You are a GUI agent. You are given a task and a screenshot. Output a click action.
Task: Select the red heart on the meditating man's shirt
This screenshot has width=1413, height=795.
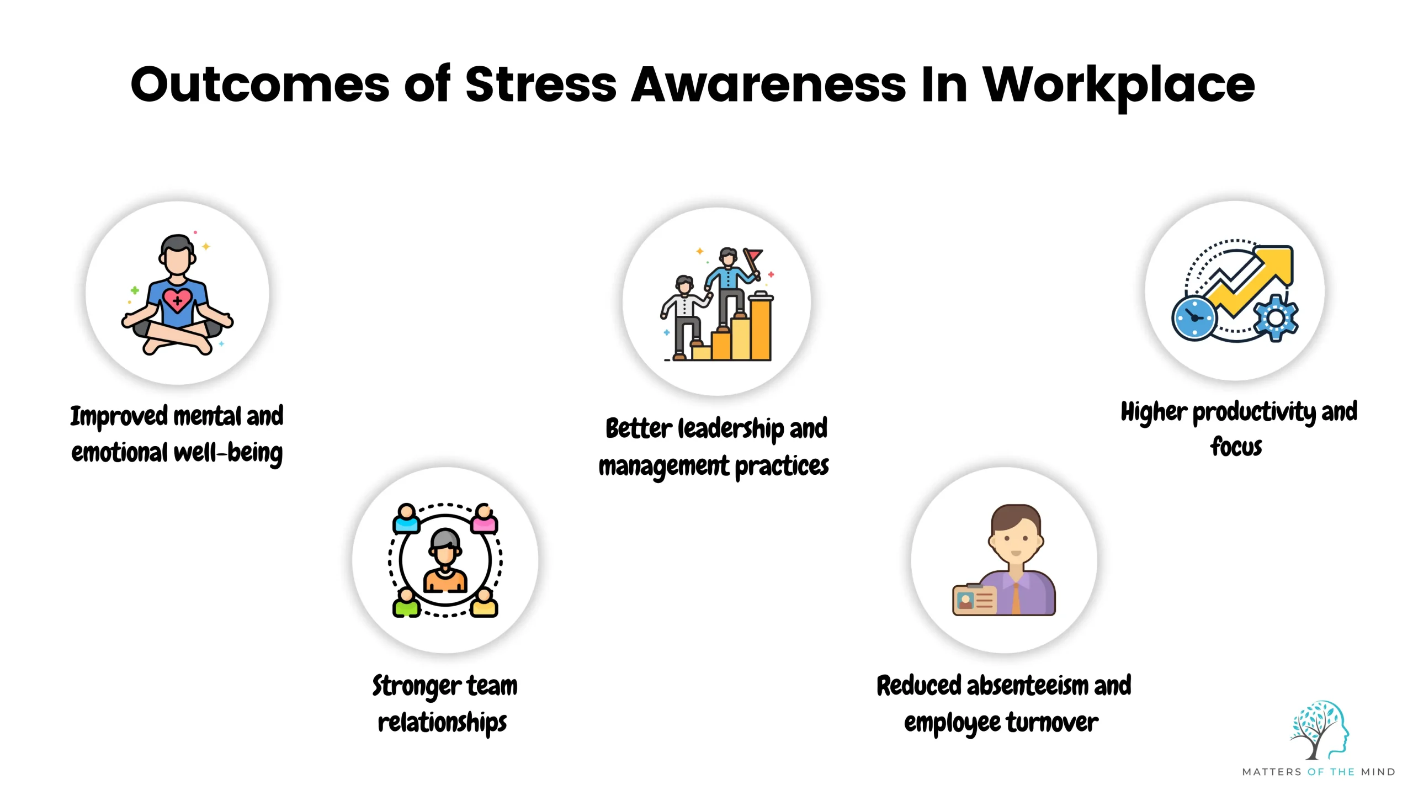pyautogui.click(x=177, y=300)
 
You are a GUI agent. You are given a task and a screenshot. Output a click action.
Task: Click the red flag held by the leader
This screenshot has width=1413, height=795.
pyautogui.click(x=753, y=256)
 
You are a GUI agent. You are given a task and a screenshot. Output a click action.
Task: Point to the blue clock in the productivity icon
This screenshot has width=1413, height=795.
pyautogui.click(x=1194, y=319)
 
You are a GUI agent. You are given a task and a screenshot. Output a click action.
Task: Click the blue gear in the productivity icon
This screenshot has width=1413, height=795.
pyautogui.click(x=1276, y=318)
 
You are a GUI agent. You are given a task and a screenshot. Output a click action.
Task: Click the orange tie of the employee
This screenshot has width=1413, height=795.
pyautogui.click(x=1016, y=599)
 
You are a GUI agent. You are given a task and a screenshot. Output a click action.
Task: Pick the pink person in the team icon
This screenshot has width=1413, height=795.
pyautogui.click(x=484, y=519)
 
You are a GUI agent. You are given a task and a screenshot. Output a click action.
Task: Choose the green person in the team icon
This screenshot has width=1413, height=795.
pyautogui.click(x=406, y=603)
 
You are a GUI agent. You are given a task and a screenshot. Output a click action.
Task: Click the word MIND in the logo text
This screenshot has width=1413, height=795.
pyautogui.click(x=1378, y=772)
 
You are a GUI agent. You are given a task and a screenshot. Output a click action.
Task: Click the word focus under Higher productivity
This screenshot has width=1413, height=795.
pyautogui.click(x=1236, y=447)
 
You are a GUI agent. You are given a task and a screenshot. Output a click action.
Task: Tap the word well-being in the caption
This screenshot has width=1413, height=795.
pyautogui.click(x=228, y=453)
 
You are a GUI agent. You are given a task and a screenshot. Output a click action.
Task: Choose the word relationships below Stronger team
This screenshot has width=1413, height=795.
pyautogui.click(x=442, y=723)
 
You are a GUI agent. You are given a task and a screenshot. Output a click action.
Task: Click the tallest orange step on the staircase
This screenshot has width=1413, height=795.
pyautogui.click(x=761, y=328)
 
